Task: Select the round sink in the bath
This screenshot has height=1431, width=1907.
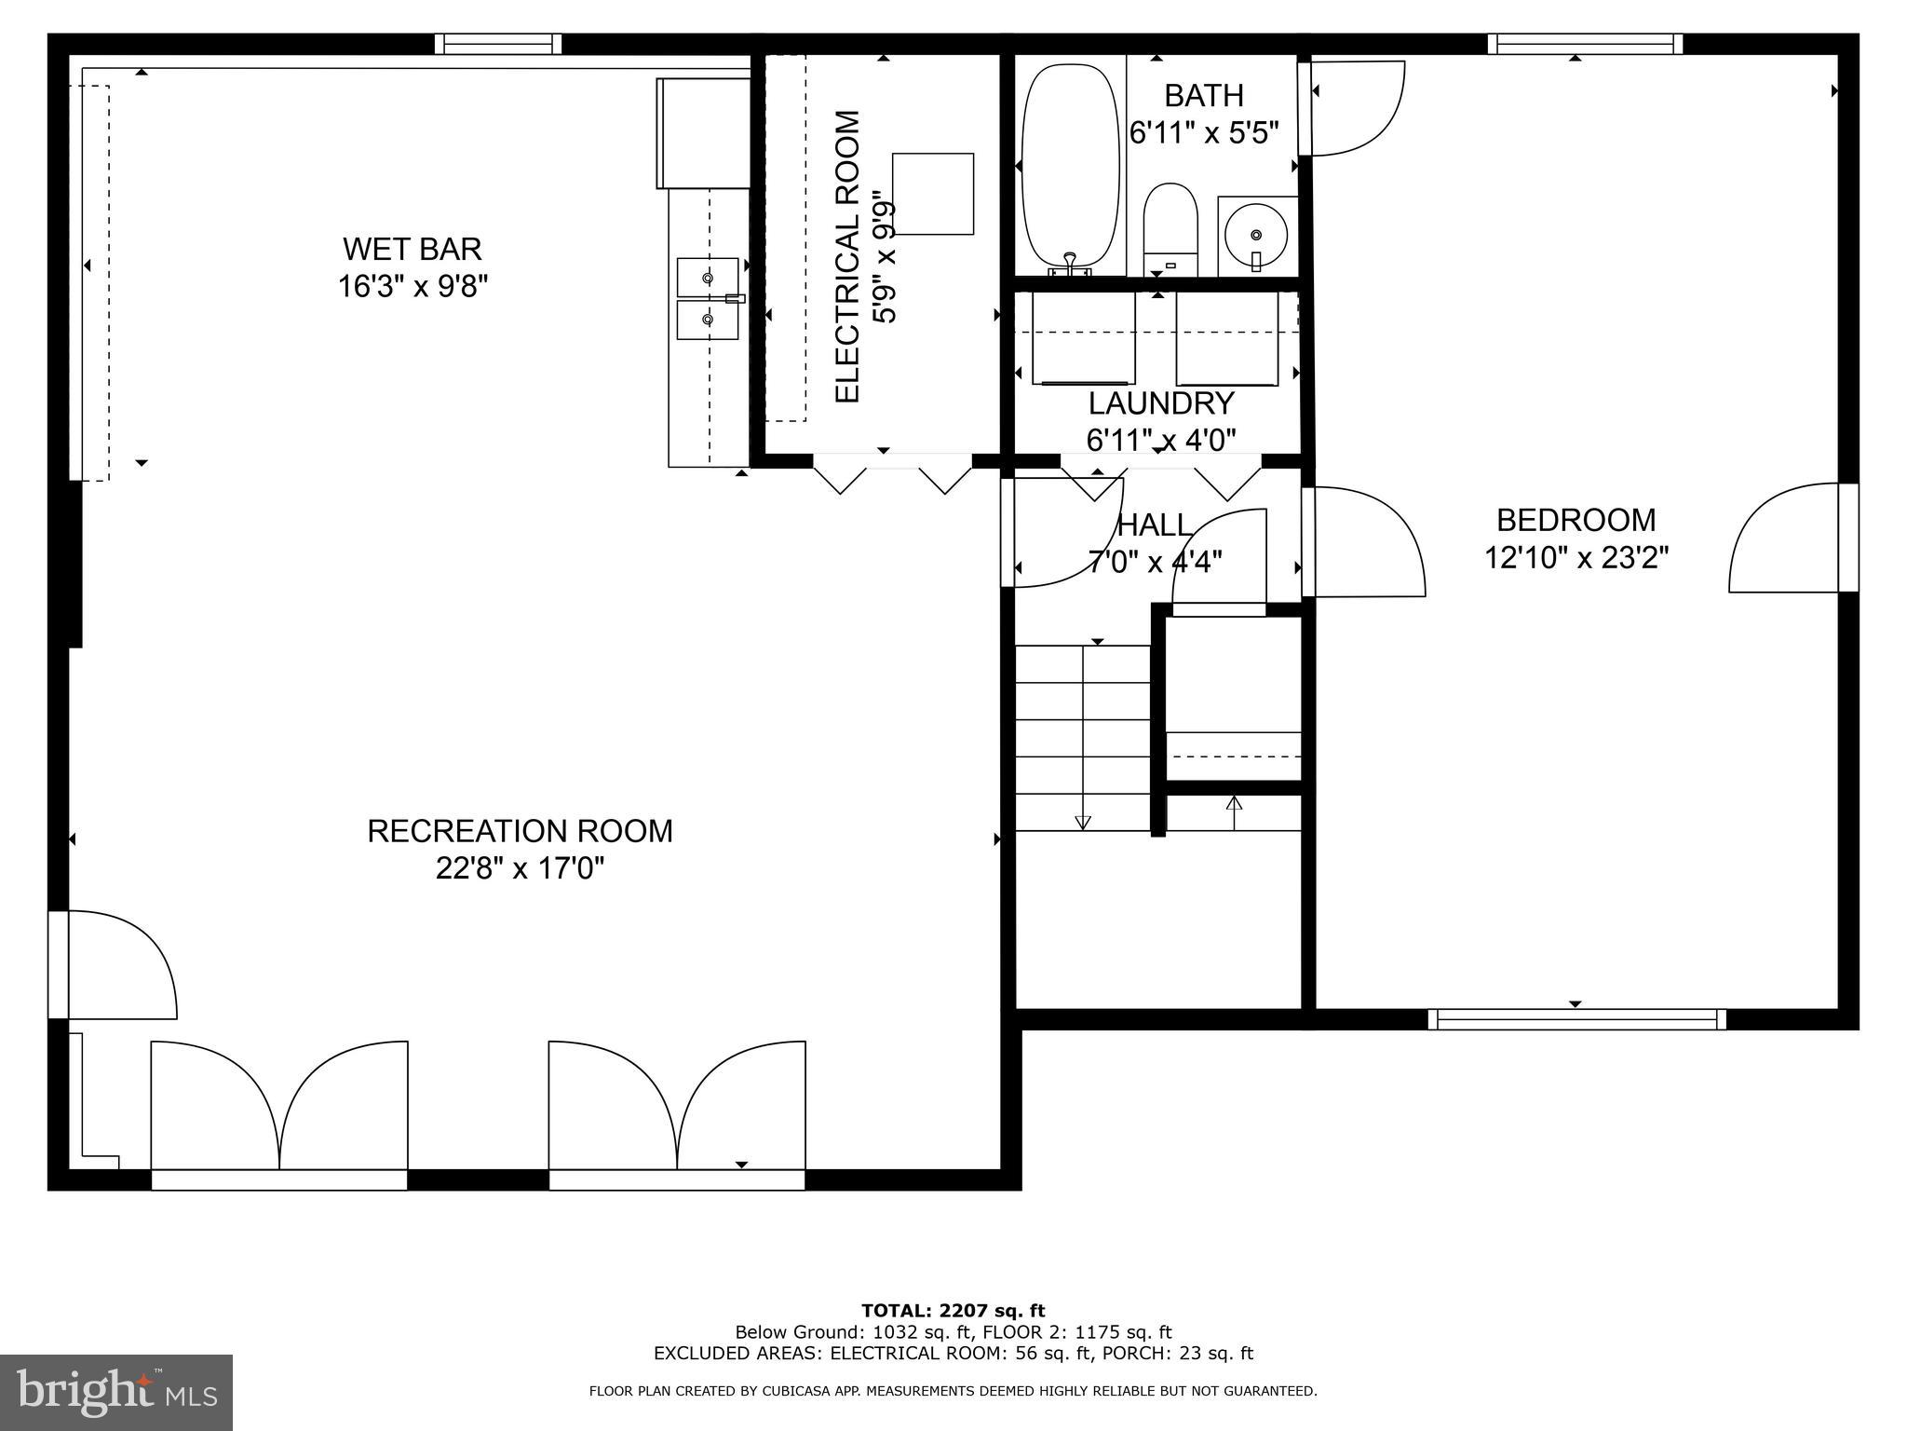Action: [x=1256, y=232]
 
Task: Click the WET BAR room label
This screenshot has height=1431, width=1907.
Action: [x=412, y=250]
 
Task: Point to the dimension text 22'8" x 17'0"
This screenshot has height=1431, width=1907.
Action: [x=520, y=869]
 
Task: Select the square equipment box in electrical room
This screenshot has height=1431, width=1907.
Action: [x=933, y=194]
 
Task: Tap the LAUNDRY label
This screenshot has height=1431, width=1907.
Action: [x=1161, y=403]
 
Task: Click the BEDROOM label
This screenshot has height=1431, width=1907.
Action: [x=1576, y=520]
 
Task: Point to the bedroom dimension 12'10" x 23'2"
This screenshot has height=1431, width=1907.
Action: [x=1576, y=558]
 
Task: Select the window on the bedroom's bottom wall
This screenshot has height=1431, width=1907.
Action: [x=1576, y=1019]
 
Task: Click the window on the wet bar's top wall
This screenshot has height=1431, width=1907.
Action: [x=498, y=44]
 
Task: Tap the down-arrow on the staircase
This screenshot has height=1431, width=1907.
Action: [x=1082, y=821]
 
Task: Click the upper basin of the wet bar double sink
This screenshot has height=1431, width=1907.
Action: [x=708, y=278]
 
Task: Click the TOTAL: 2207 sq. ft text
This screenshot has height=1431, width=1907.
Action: [x=953, y=1311]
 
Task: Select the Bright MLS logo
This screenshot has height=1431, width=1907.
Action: [x=116, y=1392]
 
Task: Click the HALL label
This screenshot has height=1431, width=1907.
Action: [x=1154, y=525]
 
